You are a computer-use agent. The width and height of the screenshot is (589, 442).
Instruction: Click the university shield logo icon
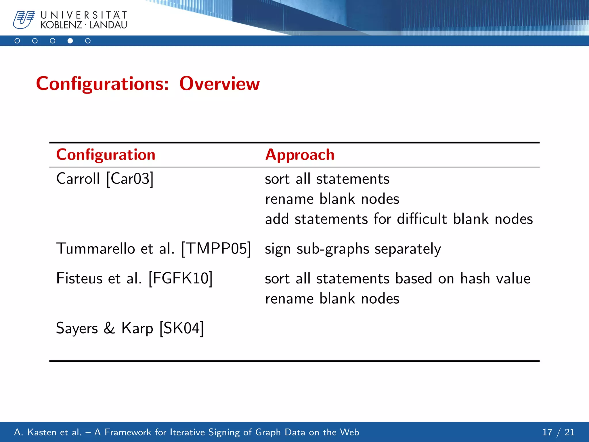click(24, 20)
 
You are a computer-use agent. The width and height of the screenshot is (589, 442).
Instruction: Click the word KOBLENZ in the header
click(61, 25)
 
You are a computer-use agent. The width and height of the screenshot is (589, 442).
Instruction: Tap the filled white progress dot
click(70, 41)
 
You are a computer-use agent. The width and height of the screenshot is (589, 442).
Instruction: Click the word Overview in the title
click(219, 84)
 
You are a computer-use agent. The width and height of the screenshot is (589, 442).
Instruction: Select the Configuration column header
click(106, 155)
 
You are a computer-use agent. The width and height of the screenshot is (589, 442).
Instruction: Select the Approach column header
click(299, 155)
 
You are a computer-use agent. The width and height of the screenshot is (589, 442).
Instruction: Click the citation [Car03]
click(130, 179)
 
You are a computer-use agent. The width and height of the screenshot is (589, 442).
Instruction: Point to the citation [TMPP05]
click(216, 248)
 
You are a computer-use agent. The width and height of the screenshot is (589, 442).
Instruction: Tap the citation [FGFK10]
click(180, 278)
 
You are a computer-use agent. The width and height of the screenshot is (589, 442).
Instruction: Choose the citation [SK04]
click(181, 328)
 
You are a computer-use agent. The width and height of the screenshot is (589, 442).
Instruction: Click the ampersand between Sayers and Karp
click(109, 328)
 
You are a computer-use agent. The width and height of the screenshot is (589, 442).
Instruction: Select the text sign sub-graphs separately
click(353, 249)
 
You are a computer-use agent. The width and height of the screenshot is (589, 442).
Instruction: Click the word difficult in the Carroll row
click(422, 219)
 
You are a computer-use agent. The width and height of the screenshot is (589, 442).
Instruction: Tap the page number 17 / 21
click(558, 432)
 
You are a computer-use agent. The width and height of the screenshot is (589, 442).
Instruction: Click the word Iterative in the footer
click(187, 432)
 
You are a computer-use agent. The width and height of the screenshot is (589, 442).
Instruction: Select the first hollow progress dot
click(17, 41)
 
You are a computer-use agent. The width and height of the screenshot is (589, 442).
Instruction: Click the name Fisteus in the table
click(79, 278)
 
